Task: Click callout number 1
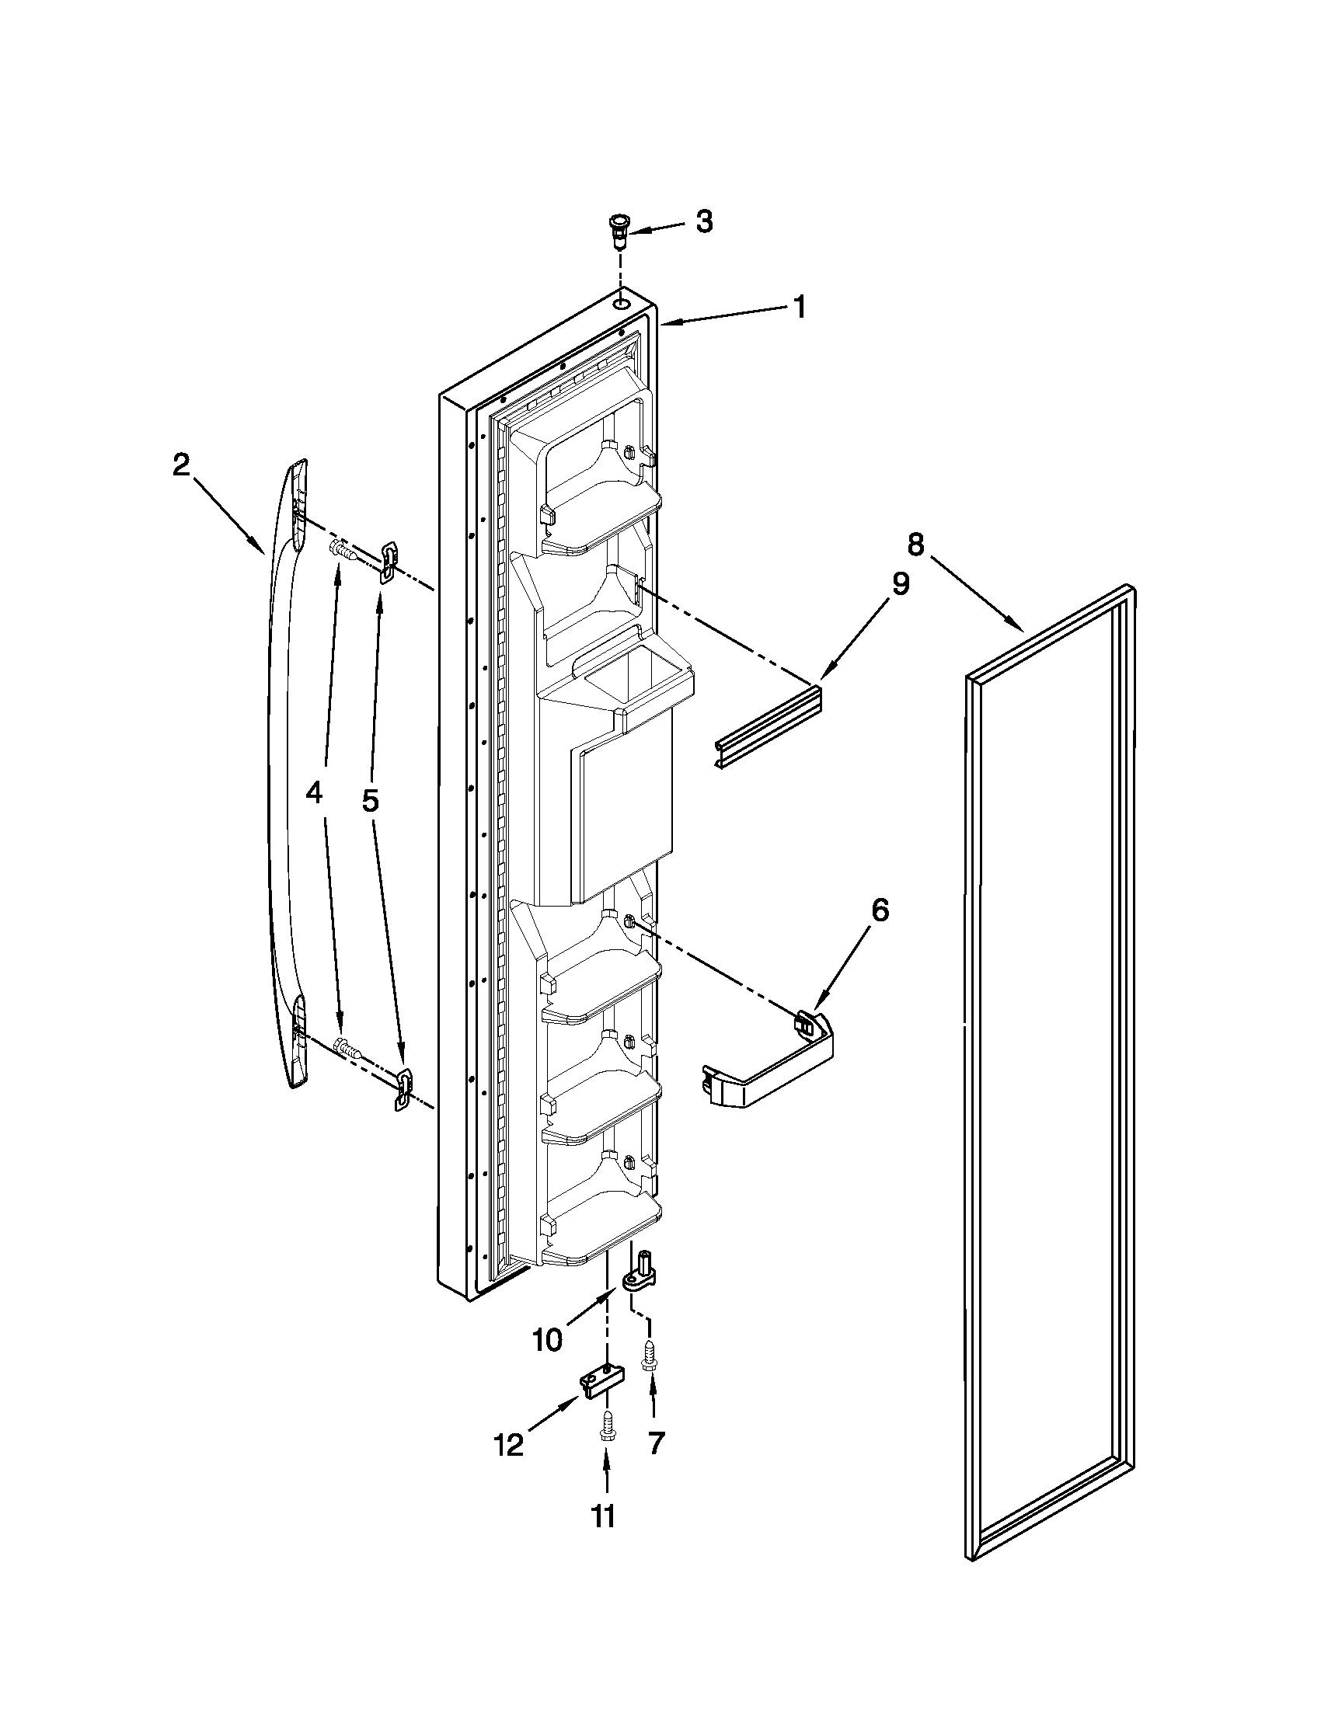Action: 799,308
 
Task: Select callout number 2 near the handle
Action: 181,466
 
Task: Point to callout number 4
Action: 313,794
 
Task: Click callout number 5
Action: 369,799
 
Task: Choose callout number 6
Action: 880,910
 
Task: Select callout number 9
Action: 901,583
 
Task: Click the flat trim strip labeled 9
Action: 767,727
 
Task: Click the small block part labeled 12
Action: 602,1382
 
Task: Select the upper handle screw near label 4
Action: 344,550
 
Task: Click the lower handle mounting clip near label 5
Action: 403,1089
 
